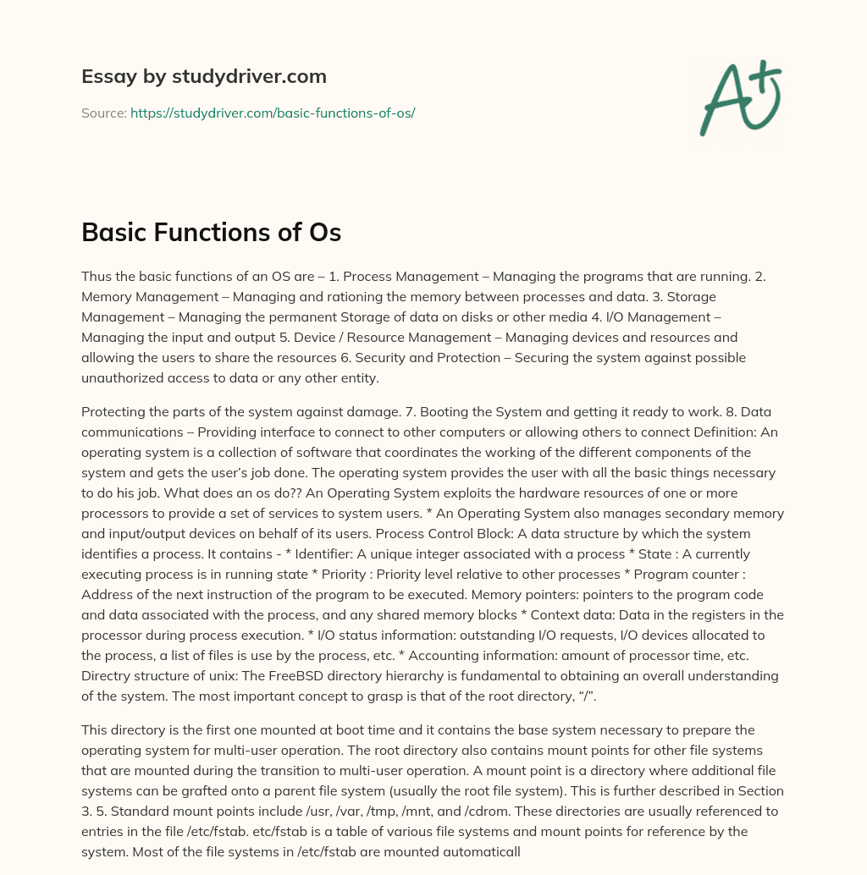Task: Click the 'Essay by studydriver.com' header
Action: [204, 77]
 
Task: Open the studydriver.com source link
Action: [273, 113]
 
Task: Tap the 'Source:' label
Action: [104, 113]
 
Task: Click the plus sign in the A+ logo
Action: [765, 75]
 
